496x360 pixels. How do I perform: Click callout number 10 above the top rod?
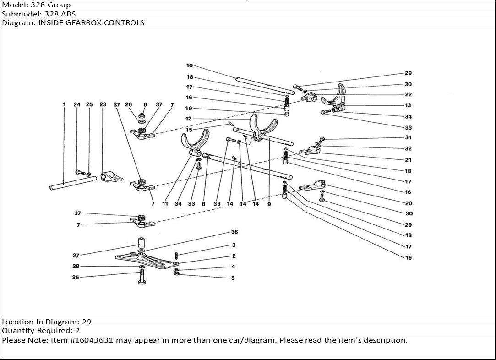(x=189, y=66)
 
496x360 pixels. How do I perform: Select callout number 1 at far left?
(x=64, y=104)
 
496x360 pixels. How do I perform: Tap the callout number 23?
(x=103, y=104)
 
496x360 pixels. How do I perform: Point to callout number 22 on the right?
(x=408, y=95)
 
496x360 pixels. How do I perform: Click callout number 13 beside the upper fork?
(x=408, y=105)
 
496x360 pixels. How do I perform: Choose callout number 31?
(x=408, y=138)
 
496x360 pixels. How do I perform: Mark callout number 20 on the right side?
(x=408, y=203)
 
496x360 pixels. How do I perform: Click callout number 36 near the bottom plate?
(x=234, y=232)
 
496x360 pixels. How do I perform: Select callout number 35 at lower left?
(x=76, y=278)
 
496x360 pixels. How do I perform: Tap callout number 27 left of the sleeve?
(x=76, y=256)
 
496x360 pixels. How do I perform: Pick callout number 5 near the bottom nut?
(x=233, y=278)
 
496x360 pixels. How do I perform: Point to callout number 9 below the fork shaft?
(x=269, y=204)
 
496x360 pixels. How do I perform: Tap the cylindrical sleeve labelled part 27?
(x=142, y=242)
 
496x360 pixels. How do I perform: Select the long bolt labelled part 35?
(x=142, y=277)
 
